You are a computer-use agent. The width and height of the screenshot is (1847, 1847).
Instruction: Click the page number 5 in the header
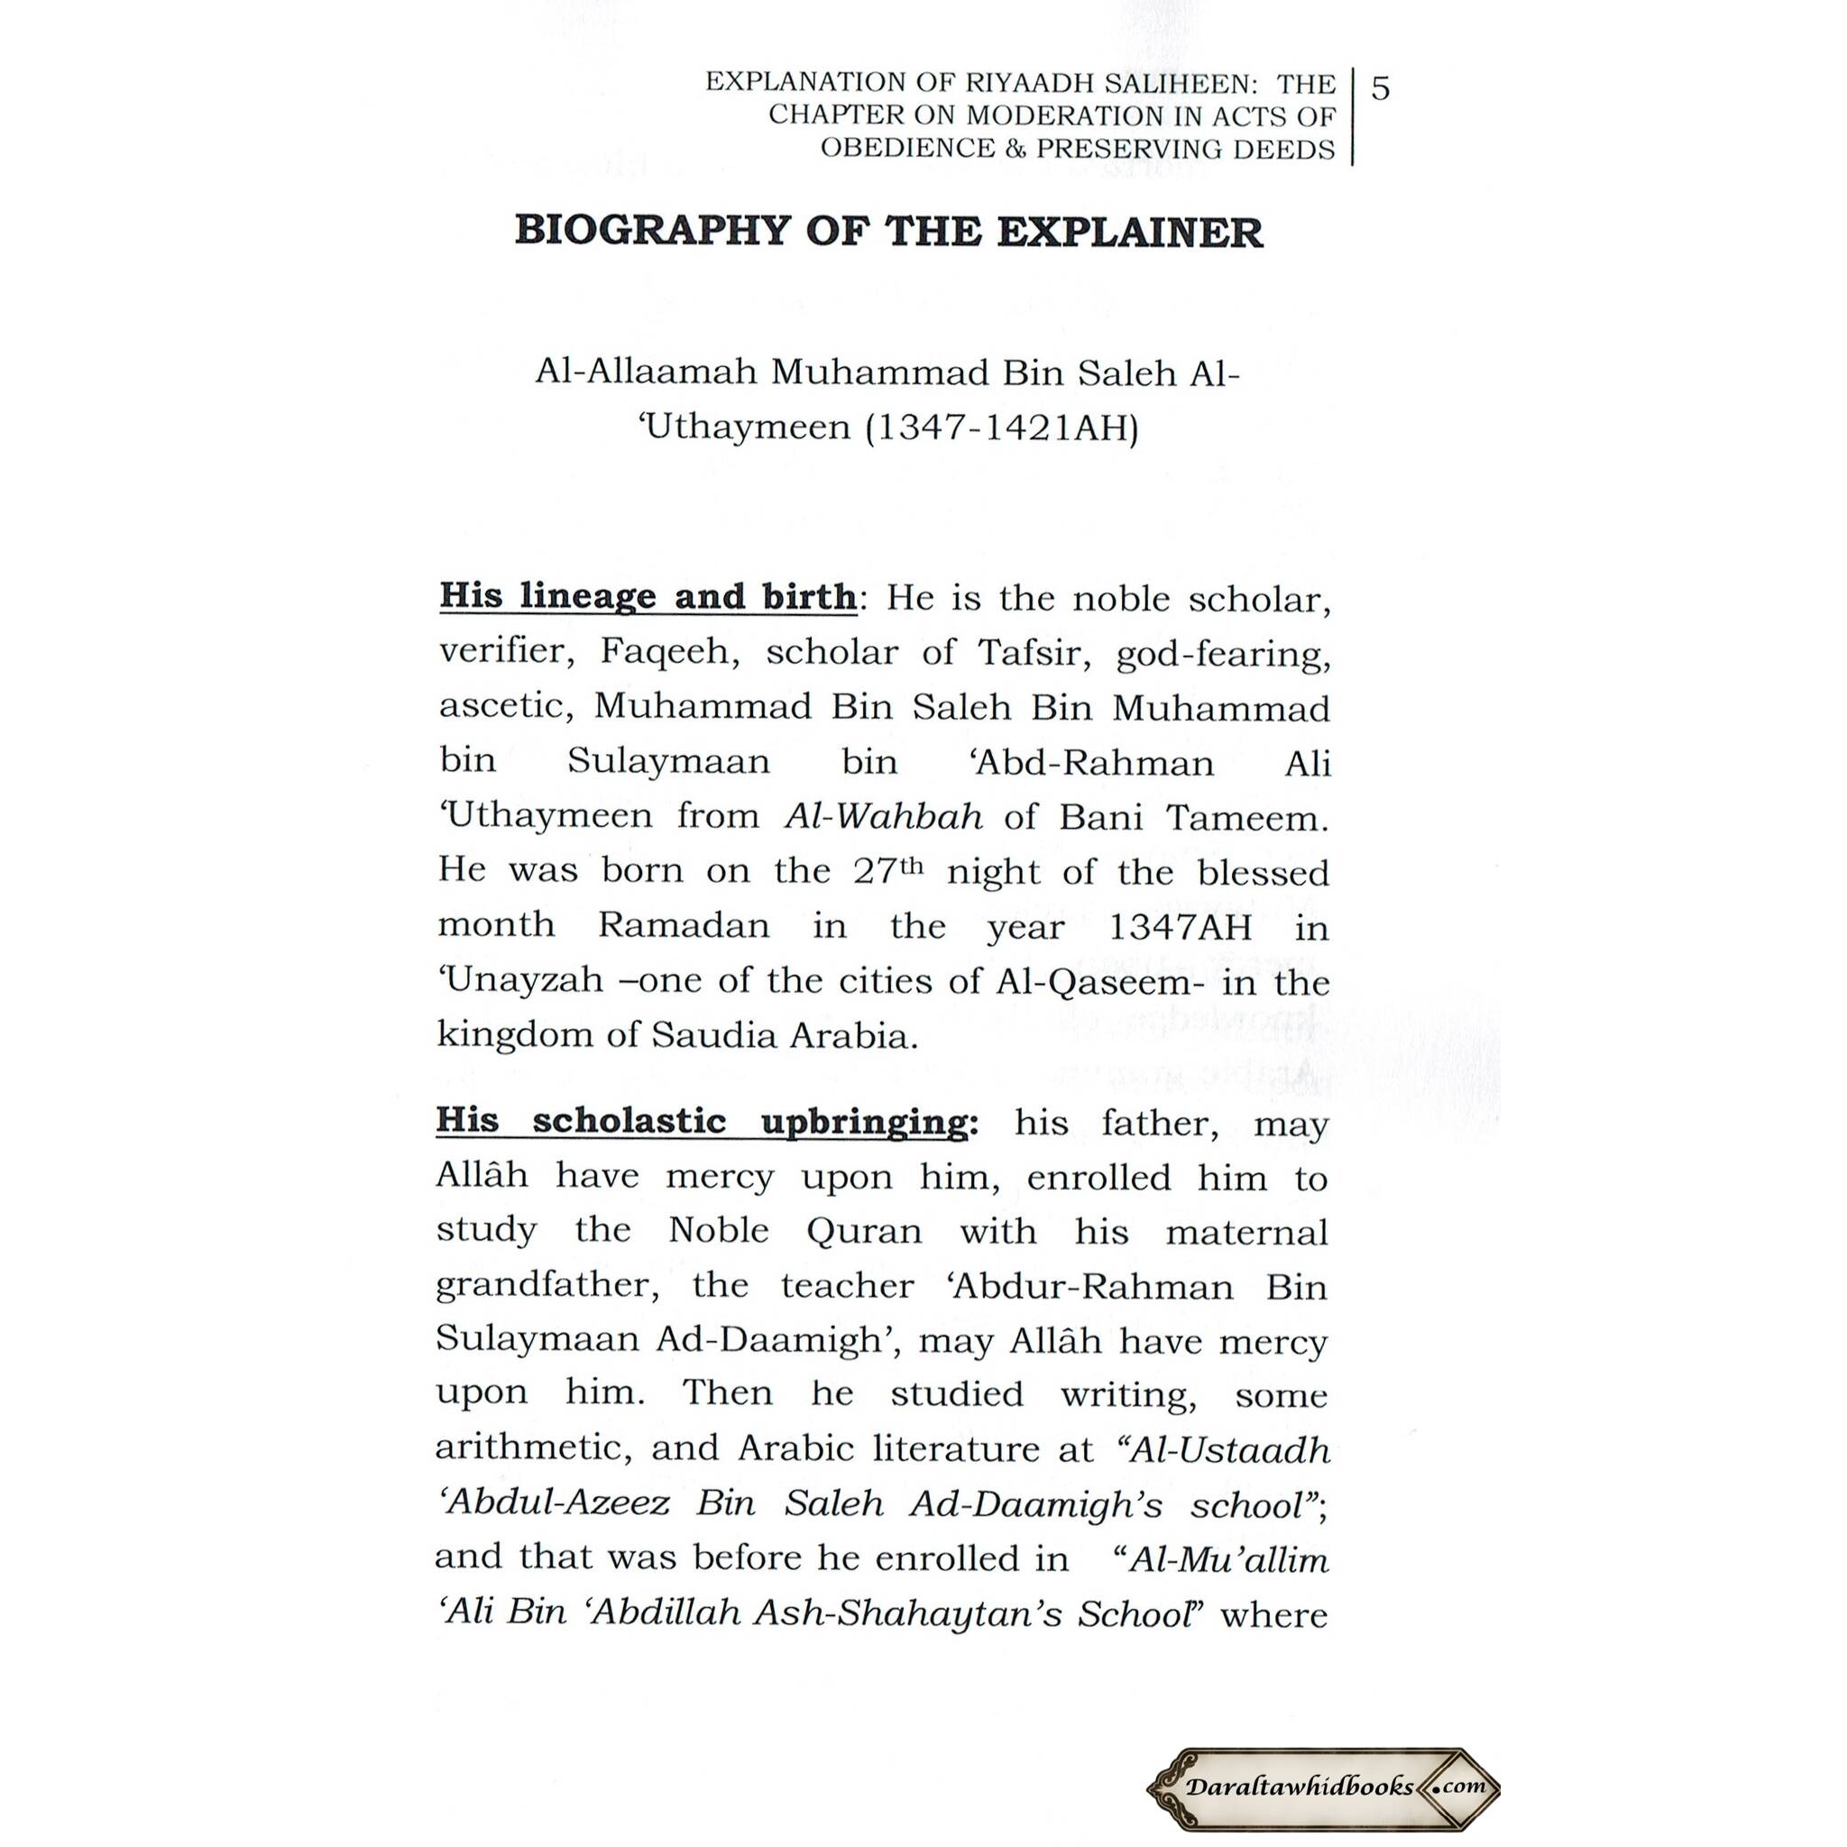point(1380,89)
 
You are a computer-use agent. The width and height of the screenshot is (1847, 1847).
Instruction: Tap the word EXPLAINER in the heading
point(1129,233)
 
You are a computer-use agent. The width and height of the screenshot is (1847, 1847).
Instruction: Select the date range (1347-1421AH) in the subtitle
point(1001,427)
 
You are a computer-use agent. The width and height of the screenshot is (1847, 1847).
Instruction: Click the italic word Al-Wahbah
point(883,816)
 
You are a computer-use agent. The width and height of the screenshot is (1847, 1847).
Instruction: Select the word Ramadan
point(684,925)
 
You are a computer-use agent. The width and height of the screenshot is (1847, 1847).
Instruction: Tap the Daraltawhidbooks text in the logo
point(1300,1787)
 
